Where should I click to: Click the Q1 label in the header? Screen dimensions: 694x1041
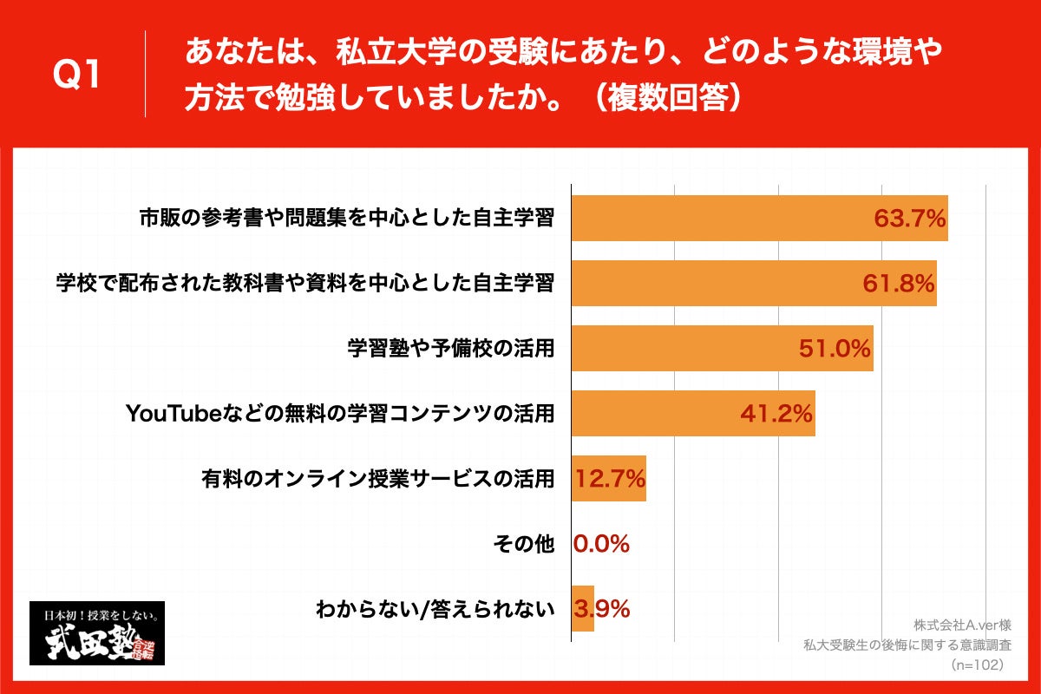point(77,75)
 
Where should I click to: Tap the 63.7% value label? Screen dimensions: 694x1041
point(909,219)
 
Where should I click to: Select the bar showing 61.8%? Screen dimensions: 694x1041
point(753,283)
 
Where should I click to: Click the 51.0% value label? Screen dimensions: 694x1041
point(835,349)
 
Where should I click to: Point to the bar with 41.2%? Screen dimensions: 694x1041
point(692,414)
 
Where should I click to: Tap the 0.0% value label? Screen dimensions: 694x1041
point(601,544)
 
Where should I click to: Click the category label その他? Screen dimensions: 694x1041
point(522,544)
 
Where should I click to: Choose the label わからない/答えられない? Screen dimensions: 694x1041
point(435,609)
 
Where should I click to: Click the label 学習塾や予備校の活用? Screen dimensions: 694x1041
point(450,349)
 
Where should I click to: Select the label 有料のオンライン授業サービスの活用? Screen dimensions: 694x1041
point(377,478)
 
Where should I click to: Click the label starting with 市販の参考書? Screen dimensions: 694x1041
point(347,219)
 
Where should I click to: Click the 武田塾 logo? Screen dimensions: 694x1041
point(97,633)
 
